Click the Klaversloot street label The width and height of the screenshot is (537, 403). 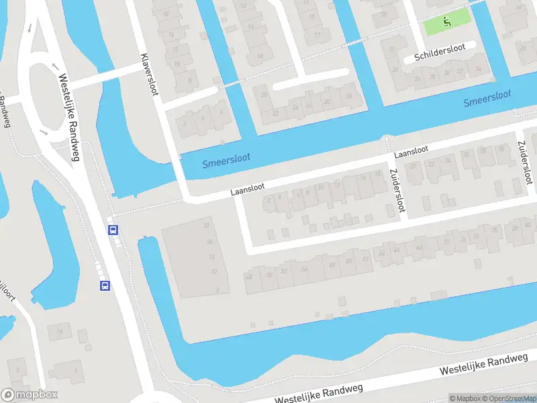pyautogui.click(x=149, y=74)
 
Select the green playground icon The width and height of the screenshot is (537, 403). pyautogui.click(x=447, y=22)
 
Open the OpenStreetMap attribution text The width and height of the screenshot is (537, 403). pyautogui.click(x=510, y=398)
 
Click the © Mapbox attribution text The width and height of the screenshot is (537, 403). pyautogui.click(x=465, y=398)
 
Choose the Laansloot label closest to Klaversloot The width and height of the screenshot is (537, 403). pyautogui.click(x=247, y=190)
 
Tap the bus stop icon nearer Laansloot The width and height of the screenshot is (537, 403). pyautogui.click(x=113, y=230)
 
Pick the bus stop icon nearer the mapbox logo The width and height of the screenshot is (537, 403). pyautogui.click(x=105, y=285)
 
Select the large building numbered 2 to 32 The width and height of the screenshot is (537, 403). pyautogui.click(x=195, y=259)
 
